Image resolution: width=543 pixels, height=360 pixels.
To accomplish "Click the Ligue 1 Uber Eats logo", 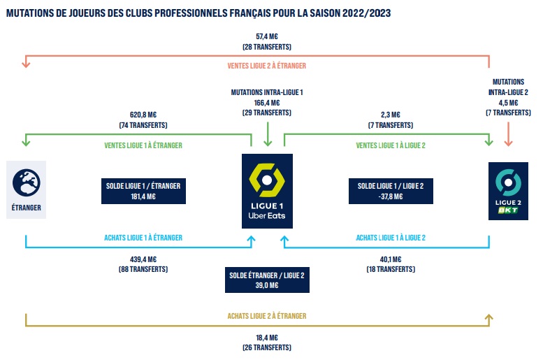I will coord(267,191).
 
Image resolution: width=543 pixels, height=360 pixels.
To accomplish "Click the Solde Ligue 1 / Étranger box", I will coord(144,192).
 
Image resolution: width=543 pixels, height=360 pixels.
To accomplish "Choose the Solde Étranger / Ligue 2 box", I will coord(267,280).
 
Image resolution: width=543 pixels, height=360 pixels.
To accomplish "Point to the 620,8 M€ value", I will coord(143,115).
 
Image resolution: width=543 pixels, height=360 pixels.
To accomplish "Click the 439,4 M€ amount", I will coord(143,259).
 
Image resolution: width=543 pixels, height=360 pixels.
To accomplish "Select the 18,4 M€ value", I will coord(267,338).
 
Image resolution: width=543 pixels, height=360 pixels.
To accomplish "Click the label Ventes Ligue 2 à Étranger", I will coord(267,66).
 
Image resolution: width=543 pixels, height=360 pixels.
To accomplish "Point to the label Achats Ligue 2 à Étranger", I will coord(267,317).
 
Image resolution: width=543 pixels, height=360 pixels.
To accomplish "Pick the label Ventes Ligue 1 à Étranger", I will coord(143,145).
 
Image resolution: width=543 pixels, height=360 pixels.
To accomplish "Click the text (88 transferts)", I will coord(143,269).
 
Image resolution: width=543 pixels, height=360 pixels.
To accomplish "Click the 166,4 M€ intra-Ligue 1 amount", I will coord(267,102).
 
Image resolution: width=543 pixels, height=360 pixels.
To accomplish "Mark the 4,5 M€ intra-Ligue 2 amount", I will coord(508,101).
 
